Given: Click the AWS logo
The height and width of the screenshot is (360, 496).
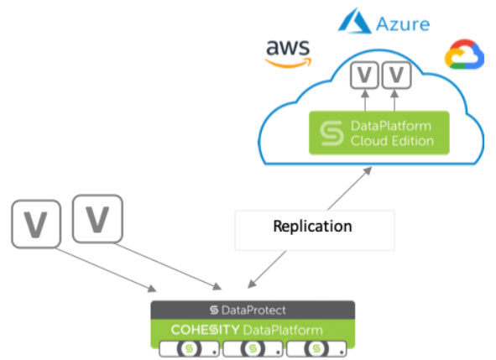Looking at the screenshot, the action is pos(289,54).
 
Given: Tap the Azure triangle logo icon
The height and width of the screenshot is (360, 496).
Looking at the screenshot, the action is pos(354,21).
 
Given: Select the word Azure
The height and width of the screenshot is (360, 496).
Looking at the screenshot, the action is pos(403,24).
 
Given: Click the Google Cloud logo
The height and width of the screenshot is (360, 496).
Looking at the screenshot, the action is pos(464,54).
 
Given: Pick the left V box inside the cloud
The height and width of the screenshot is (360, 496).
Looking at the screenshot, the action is pos(364,75).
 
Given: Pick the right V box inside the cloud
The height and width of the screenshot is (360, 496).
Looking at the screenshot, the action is pos(397,75).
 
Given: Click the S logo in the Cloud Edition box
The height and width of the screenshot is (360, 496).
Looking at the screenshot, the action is pos(332,133).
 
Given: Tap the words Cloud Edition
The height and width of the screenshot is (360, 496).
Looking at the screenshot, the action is pos(392,141).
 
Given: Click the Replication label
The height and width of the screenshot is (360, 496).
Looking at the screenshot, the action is pos(312,227).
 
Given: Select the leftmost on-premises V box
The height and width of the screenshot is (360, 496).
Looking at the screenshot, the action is pos(36,224).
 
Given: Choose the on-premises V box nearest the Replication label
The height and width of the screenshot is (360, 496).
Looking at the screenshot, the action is pos(97,219).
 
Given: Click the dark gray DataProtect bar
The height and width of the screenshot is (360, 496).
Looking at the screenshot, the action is pos(253,310).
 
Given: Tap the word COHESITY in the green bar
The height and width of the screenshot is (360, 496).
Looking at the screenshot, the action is pos(205,330).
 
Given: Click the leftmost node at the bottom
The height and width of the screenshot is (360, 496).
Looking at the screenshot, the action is pos(189,349).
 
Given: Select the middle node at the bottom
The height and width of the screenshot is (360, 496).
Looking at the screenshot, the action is pos(253,349).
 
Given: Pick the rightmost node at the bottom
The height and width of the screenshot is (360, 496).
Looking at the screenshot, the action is pos(316,349).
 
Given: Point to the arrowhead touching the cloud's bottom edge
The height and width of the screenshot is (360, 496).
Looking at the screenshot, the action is pos(368,170).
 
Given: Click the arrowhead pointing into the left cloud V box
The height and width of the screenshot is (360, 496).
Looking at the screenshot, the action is pos(365,93).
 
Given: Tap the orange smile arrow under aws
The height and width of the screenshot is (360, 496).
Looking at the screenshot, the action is pos(289,63).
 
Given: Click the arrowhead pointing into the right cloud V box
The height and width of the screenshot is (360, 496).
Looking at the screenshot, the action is pos(394,93).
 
